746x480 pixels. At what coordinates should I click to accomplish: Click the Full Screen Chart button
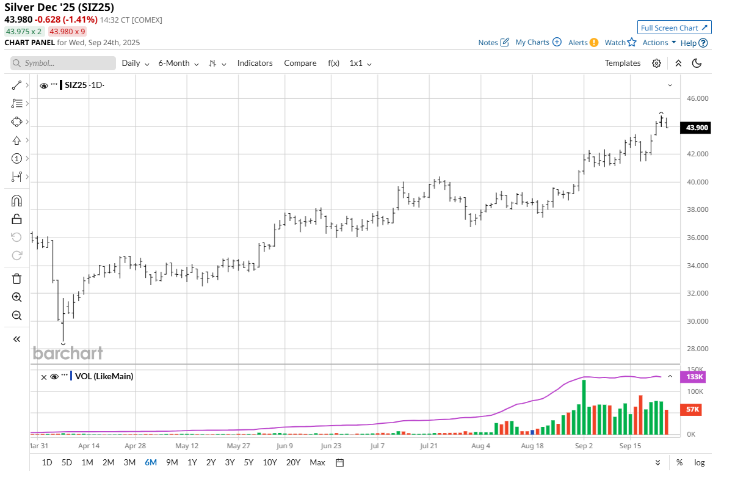(x=674, y=27)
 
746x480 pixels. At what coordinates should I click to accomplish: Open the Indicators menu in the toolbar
(x=255, y=63)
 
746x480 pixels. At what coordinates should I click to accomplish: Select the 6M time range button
(x=150, y=462)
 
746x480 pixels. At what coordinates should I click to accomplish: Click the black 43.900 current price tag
(x=697, y=128)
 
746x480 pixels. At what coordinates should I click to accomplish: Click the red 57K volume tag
(x=692, y=409)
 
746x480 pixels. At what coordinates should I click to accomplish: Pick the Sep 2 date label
(x=584, y=446)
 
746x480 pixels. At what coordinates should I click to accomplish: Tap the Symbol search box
(x=63, y=63)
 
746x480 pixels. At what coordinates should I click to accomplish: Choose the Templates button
(x=622, y=63)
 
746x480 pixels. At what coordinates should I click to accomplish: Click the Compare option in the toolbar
(x=300, y=63)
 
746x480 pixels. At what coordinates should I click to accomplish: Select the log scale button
(x=699, y=462)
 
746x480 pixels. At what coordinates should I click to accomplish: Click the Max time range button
(x=317, y=462)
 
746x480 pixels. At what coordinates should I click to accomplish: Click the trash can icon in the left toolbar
(x=16, y=278)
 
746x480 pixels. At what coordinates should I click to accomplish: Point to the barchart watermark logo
(x=68, y=353)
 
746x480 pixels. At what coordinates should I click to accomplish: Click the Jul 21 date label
(x=429, y=446)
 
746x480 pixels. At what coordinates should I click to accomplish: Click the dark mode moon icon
(x=697, y=63)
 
